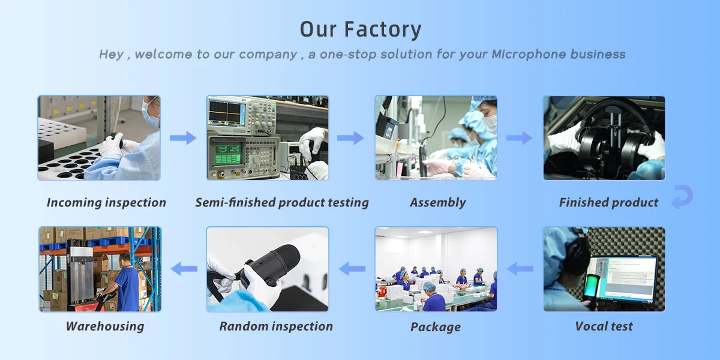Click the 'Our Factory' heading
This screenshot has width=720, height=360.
361,29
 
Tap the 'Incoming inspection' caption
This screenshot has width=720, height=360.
106,203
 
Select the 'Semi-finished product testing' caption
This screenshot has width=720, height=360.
282,203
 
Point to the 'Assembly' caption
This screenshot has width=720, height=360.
437,203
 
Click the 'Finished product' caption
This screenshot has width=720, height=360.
608,203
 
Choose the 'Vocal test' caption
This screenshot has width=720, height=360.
604,326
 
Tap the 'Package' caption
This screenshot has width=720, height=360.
436,327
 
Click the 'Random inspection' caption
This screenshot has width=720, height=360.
276,326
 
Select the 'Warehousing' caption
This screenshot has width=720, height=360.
105,326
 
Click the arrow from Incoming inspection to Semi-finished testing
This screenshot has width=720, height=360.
183,139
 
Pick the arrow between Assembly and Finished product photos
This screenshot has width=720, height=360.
519,139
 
